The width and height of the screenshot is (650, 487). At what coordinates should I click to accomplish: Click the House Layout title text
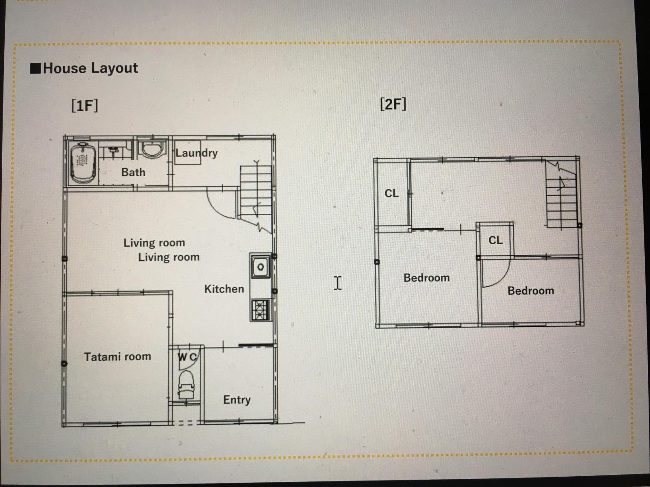click(x=90, y=68)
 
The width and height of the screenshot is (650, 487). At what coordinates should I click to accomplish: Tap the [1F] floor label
click(x=85, y=105)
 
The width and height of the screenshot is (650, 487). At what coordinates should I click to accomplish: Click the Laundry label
click(x=197, y=153)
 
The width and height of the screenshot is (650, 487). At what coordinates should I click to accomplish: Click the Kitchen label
click(x=224, y=289)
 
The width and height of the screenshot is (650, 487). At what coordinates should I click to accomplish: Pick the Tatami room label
click(x=117, y=357)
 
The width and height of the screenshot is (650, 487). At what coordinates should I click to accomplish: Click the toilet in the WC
click(x=186, y=385)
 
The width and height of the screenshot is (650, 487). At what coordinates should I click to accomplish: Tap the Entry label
click(x=237, y=400)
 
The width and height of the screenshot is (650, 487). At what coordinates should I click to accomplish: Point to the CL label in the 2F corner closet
click(x=392, y=193)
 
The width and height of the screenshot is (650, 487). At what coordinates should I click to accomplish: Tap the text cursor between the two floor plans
click(x=338, y=283)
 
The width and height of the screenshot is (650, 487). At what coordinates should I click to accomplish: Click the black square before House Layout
click(x=36, y=68)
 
